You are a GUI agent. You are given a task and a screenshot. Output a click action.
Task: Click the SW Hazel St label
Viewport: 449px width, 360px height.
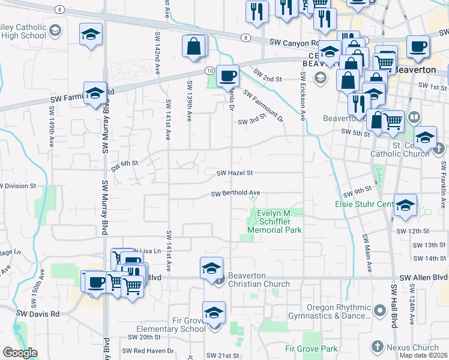(235, 173)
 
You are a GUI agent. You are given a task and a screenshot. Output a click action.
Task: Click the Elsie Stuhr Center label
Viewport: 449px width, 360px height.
(364, 205)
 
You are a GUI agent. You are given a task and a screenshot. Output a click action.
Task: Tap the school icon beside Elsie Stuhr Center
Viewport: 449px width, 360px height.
(405, 205)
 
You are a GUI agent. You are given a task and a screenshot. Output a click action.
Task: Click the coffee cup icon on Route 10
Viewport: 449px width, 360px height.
(228, 76)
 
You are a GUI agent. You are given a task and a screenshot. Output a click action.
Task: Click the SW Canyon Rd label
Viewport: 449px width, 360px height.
(294, 43)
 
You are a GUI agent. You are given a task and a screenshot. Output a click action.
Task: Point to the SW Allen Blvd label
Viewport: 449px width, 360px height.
(424, 277)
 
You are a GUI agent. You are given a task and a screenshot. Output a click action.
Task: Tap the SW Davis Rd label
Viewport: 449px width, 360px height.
(38, 314)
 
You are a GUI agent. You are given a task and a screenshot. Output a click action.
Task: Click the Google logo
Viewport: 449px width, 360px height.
(20, 353)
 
